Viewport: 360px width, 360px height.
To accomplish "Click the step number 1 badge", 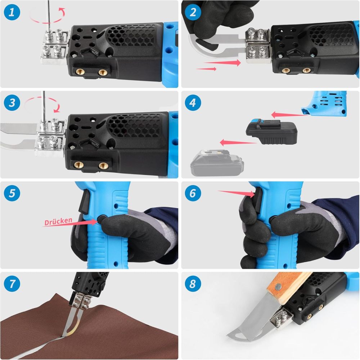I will [x=12, y=13].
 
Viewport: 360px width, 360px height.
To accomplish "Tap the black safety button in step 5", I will [x=102, y=219].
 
